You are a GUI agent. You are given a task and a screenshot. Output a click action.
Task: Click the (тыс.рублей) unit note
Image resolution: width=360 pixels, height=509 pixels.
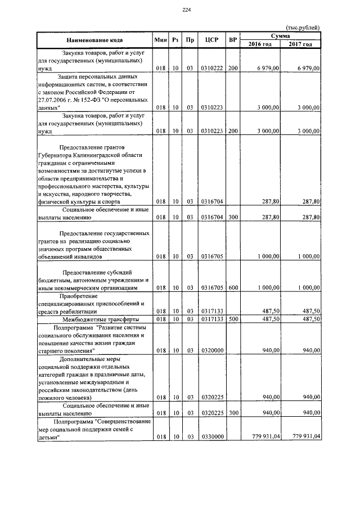pyautogui.click(x=303, y=28)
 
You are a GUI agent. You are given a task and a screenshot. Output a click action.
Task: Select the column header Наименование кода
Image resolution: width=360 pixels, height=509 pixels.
pyautogui.click(x=94, y=40)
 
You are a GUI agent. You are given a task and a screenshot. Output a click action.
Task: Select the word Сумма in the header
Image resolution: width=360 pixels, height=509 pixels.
pyautogui.click(x=281, y=36)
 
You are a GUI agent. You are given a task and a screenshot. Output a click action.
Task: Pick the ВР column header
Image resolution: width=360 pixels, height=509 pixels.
pyautogui.click(x=233, y=40)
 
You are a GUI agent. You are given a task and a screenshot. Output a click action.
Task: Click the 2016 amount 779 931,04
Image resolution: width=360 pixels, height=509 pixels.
pyautogui.click(x=264, y=436)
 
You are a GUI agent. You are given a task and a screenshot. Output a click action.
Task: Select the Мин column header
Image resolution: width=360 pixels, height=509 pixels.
pyautogui.click(x=160, y=40)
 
